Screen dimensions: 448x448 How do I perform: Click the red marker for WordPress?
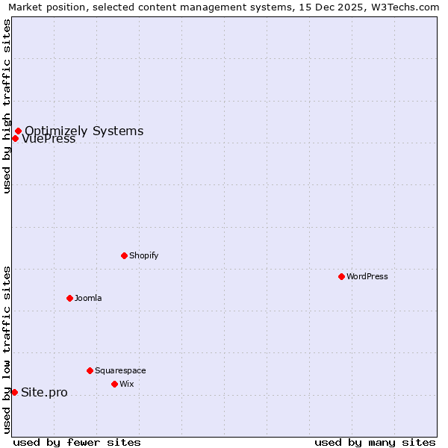tap(341, 276)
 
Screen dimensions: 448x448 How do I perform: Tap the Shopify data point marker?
tap(124, 255)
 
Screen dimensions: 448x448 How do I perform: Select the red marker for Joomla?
tap(69, 298)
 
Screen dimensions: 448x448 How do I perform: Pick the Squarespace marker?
tap(90, 370)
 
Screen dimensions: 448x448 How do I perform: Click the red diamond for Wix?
tap(114, 384)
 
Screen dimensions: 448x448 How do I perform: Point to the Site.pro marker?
tap(14, 392)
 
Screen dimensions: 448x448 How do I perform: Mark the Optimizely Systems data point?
tap(18, 131)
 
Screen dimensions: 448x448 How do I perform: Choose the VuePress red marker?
tap(15, 138)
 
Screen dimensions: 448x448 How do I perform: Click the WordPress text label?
tap(367, 276)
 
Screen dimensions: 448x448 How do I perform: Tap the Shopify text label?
tap(144, 255)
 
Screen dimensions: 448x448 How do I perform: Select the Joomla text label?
tap(88, 298)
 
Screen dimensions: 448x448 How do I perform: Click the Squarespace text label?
tap(120, 370)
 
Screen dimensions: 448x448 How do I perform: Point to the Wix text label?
tap(127, 384)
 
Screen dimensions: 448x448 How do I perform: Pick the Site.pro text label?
tap(44, 393)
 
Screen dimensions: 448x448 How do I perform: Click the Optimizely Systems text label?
tap(84, 131)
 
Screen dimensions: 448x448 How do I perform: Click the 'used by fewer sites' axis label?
tap(77, 442)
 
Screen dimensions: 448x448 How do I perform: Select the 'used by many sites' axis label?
tap(375, 442)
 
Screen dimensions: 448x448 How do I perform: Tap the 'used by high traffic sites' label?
tap(7, 107)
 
